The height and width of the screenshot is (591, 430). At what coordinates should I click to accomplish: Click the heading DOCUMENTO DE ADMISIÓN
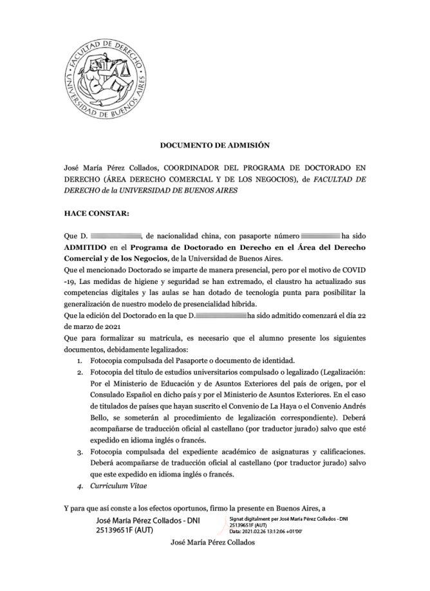coord(214,146)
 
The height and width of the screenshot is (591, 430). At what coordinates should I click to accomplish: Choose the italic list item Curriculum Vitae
coord(118,486)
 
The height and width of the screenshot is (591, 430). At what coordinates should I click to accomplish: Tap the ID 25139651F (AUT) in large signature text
coord(124,530)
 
